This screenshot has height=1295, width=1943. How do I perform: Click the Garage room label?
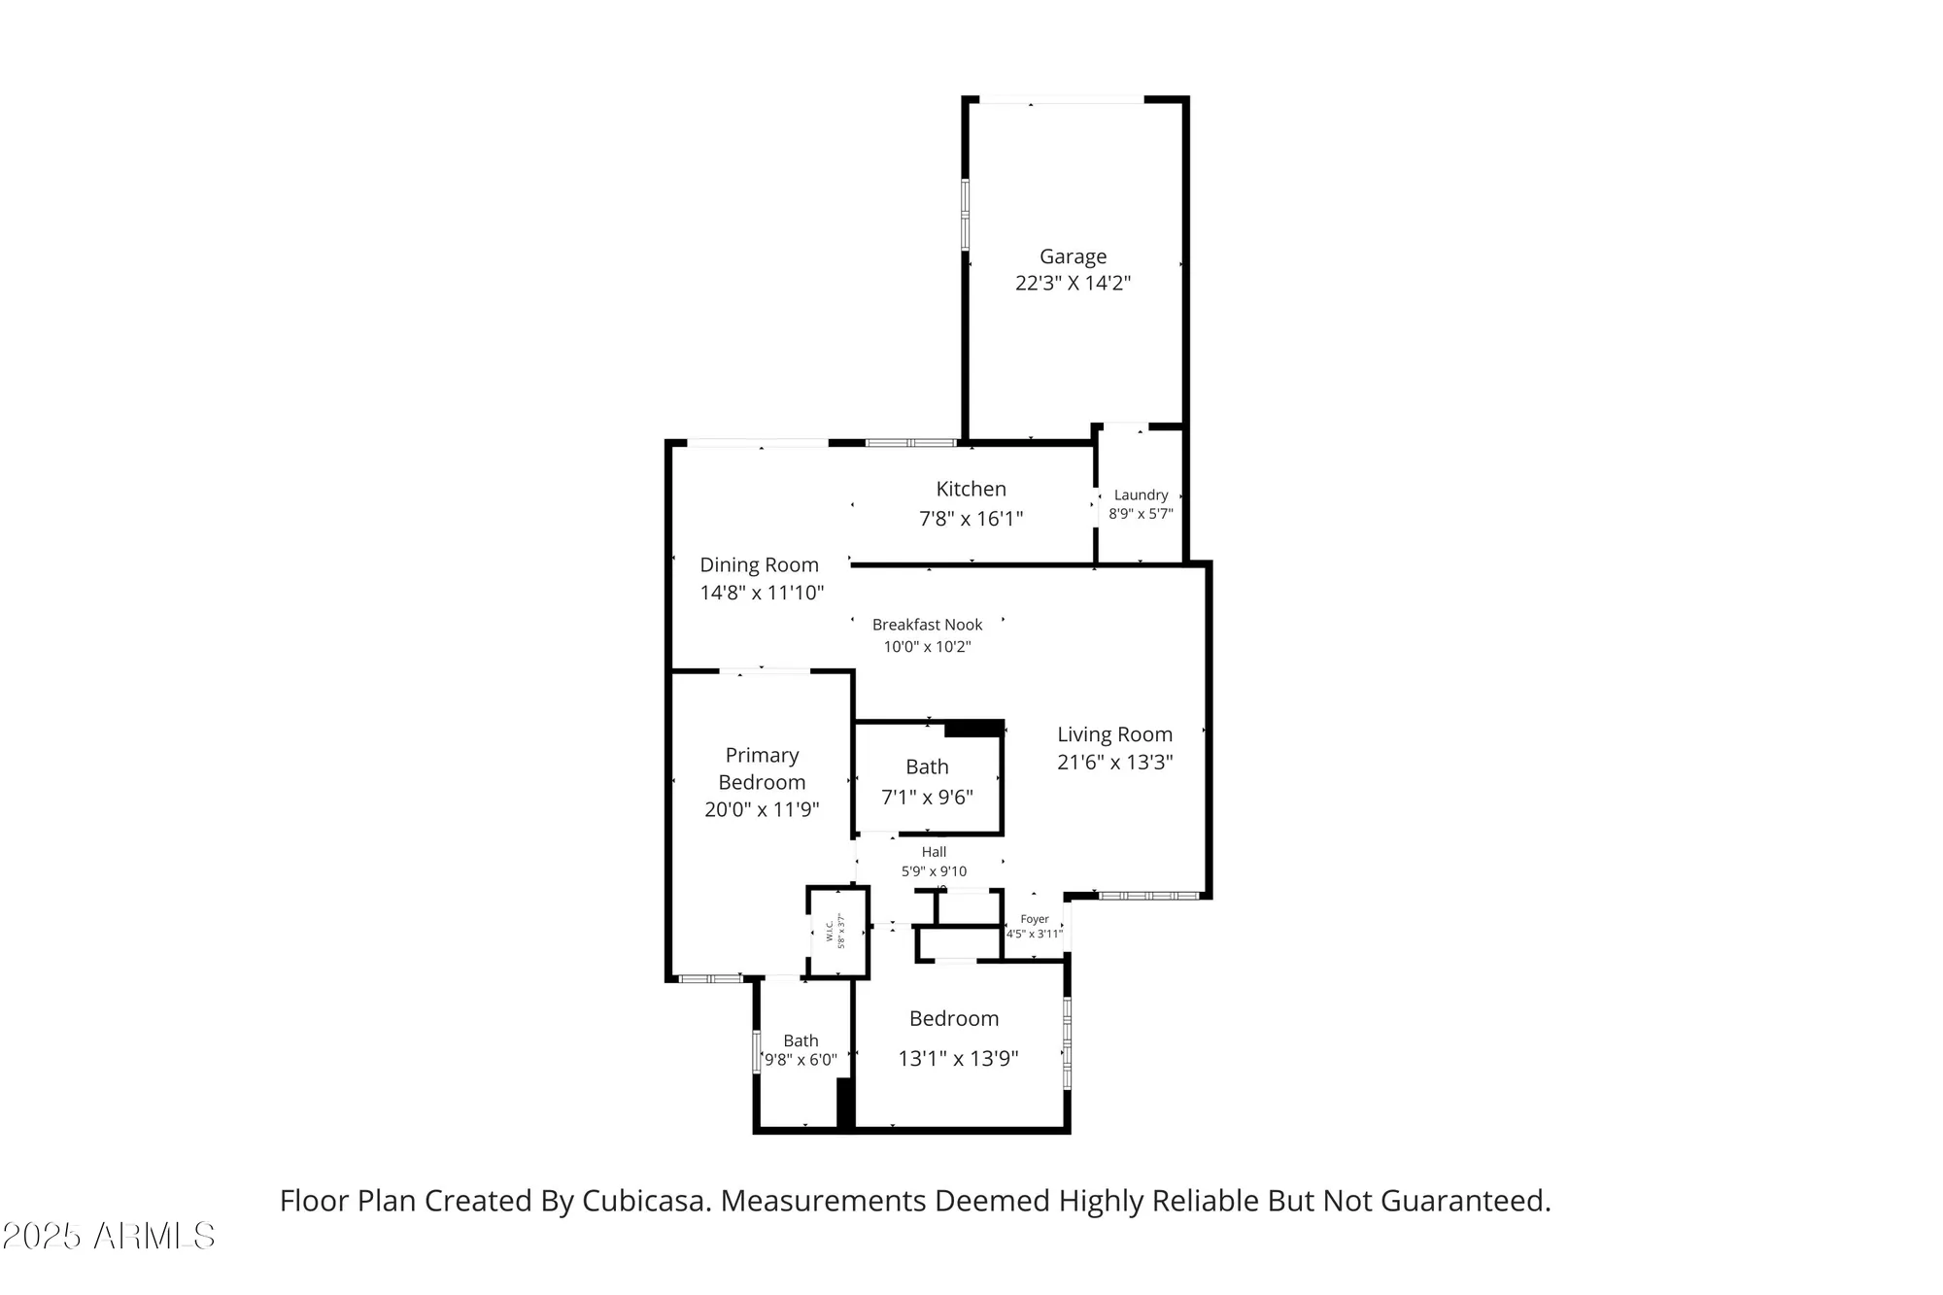tap(1073, 256)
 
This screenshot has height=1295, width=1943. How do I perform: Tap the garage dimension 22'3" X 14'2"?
tap(1073, 284)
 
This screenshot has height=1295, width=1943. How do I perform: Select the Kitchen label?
tap(971, 490)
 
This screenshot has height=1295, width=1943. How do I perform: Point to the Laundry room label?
tap(1141, 495)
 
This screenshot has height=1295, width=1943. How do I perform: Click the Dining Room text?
tap(759, 565)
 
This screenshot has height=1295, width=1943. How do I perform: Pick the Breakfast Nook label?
tap(927, 626)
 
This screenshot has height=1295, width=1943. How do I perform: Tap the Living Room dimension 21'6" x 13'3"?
tap(1114, 763)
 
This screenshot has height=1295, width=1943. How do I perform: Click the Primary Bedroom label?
tap(762, 768)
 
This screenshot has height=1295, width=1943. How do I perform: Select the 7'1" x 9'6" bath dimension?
tap(927, 798)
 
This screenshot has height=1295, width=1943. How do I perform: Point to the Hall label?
tap(934, 852)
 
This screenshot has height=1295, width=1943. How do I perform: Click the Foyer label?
tap(1035, 919)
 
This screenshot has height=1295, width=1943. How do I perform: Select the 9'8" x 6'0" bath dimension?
tap(801, 1060)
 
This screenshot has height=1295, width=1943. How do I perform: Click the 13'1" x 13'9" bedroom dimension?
tap(957, 1059)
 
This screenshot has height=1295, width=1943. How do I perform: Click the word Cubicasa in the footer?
tap(642, 1202)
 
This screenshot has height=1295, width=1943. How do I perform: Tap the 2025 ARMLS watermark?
tap(108, 1237)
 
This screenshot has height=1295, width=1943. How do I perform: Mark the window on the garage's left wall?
tap(966, 214)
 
